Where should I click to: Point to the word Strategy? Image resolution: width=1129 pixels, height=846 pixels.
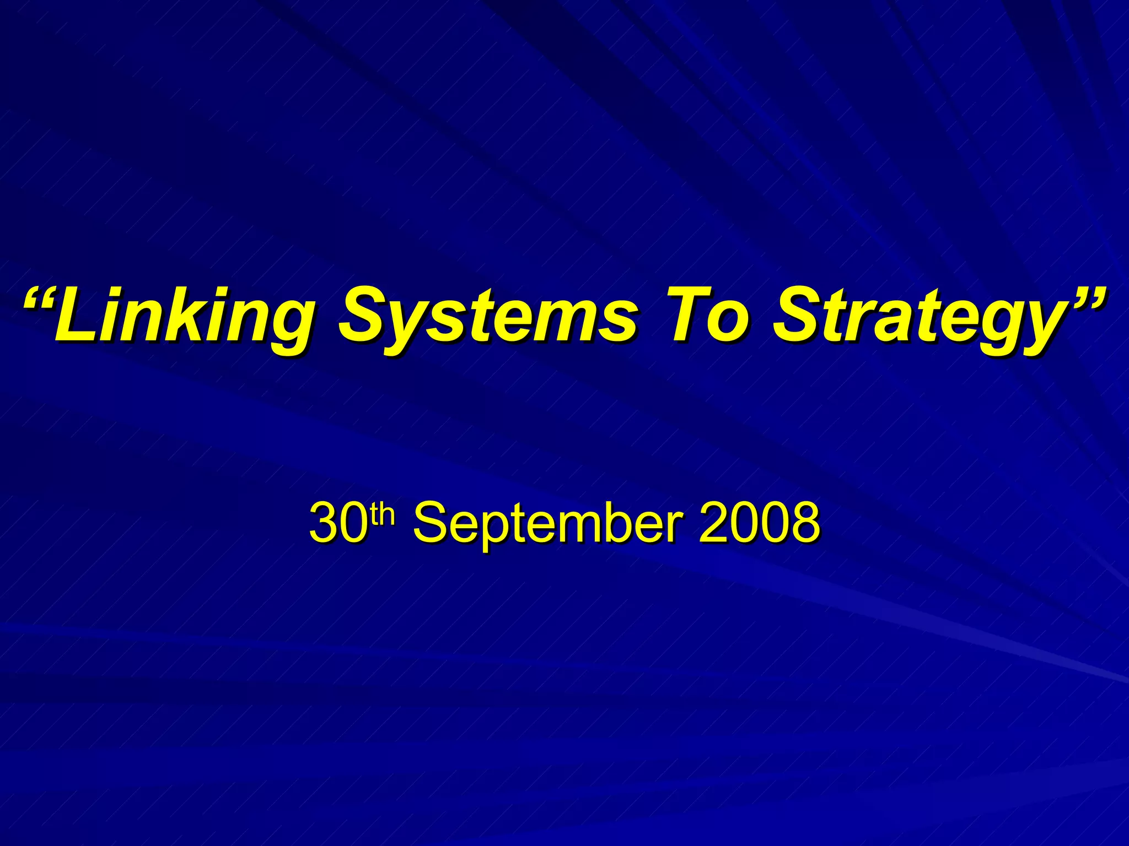pyautogui.click(x=915, y=318)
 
